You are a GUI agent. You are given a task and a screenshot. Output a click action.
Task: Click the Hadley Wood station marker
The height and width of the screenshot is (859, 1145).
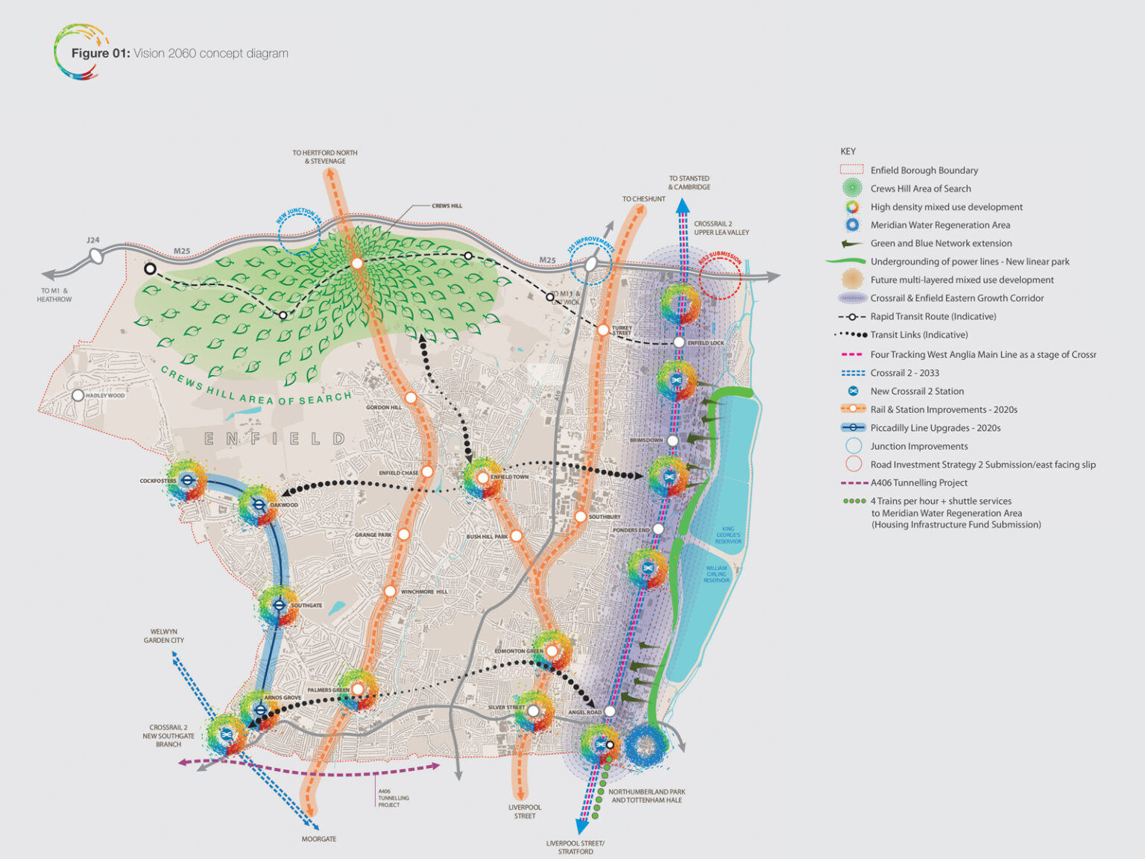pos(78,395)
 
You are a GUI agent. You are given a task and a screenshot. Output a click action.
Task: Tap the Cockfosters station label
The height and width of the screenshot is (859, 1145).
pos(158,481)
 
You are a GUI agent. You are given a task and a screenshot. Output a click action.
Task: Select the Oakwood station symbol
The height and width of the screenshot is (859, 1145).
pos(259,505)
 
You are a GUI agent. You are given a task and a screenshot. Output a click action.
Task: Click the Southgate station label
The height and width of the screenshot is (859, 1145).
pos(306,605)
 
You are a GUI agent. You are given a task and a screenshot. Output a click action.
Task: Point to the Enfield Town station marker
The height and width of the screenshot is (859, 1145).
pos(482,478)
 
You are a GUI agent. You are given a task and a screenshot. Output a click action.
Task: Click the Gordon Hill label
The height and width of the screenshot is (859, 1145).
pos(384,408)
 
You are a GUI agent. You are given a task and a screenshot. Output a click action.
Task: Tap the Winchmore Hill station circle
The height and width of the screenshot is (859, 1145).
pos(390,591)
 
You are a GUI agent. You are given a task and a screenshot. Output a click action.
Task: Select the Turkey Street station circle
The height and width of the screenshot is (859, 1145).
pos(603,330)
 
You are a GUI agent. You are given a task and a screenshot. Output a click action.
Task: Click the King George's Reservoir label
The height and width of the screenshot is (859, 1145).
pos(728,535)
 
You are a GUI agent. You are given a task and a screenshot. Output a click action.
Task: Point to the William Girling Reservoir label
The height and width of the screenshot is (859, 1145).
pos(716,574)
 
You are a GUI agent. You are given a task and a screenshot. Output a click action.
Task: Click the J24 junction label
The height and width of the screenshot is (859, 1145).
pos(92,240)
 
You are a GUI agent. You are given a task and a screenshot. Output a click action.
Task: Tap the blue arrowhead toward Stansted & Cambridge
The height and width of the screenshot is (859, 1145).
pos(683,206)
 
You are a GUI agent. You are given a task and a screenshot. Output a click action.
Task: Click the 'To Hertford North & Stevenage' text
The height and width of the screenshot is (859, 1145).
pos(325,157)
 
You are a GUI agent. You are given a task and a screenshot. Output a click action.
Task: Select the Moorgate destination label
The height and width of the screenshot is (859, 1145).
pos(319,839)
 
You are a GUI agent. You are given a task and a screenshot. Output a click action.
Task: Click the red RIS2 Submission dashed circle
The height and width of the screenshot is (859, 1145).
pos(720,278)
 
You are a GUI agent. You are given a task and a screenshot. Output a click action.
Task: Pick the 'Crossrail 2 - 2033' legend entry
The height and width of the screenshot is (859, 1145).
pos(904,373)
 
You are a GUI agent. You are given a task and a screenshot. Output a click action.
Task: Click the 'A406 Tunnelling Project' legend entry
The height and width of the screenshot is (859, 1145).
pos(918,482)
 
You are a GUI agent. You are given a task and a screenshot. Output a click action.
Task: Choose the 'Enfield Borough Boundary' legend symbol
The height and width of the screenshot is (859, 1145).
pos(852,170)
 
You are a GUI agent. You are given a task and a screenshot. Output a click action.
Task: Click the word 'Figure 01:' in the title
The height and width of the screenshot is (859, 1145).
pos(101,53)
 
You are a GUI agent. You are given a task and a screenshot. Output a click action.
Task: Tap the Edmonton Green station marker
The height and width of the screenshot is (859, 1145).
pos(552,651)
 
